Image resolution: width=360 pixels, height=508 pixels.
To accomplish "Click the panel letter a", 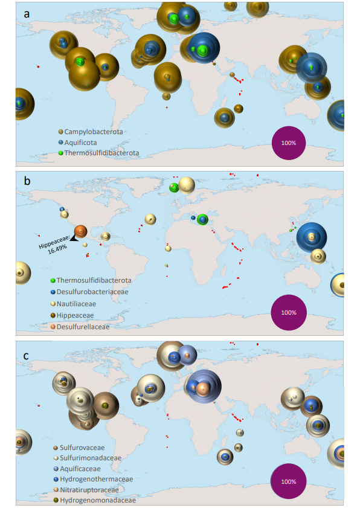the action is [27, 14].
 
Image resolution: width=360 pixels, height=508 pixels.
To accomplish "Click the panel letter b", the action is [27, 181].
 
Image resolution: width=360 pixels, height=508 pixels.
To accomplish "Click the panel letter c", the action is [26, 356].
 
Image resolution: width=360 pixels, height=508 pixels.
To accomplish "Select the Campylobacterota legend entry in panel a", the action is [91, 132].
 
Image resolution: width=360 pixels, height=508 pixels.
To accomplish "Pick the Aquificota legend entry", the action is [77, 143].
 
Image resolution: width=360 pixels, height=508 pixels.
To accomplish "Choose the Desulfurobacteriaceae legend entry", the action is [89, 292].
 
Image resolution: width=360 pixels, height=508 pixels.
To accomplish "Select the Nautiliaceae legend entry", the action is [73, 304].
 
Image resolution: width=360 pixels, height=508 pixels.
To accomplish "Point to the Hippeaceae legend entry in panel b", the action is [72, 315].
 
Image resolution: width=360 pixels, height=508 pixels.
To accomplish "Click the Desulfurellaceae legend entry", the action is [80, 327].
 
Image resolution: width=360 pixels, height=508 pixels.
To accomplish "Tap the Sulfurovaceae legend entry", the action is [79, 448].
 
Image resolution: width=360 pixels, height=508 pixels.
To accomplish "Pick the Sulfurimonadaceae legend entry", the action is [88, 458].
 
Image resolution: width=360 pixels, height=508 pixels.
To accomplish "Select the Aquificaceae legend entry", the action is [77, 469].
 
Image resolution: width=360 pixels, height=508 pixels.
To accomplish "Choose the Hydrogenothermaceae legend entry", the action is [93, 479].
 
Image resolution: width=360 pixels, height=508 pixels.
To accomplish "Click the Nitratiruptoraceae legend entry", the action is [86, 490].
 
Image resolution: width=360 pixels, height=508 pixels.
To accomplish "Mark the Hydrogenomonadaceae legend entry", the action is [95, 500].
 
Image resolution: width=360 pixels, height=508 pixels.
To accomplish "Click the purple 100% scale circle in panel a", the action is [289, 143].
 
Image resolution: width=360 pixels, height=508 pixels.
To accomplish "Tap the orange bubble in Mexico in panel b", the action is [80, 231].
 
